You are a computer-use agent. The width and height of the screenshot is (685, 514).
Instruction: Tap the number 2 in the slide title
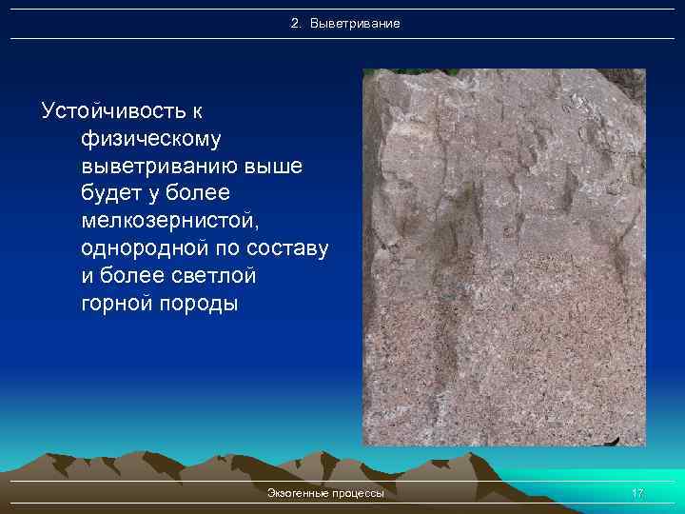click(294, 22)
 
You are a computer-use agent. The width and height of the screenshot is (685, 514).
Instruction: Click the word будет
click(112, 194)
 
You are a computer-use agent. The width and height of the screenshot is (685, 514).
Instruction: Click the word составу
click(290, 249)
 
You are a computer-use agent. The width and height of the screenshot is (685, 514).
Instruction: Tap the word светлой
click(216, 277)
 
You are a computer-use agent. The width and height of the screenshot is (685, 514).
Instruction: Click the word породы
click(201, 305)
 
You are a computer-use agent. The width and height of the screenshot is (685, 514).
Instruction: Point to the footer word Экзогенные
click(298, 493)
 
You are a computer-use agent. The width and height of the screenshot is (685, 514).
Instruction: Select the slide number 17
click(637, 493)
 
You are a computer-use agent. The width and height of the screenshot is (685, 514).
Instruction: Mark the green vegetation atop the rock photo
click(447, 71)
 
